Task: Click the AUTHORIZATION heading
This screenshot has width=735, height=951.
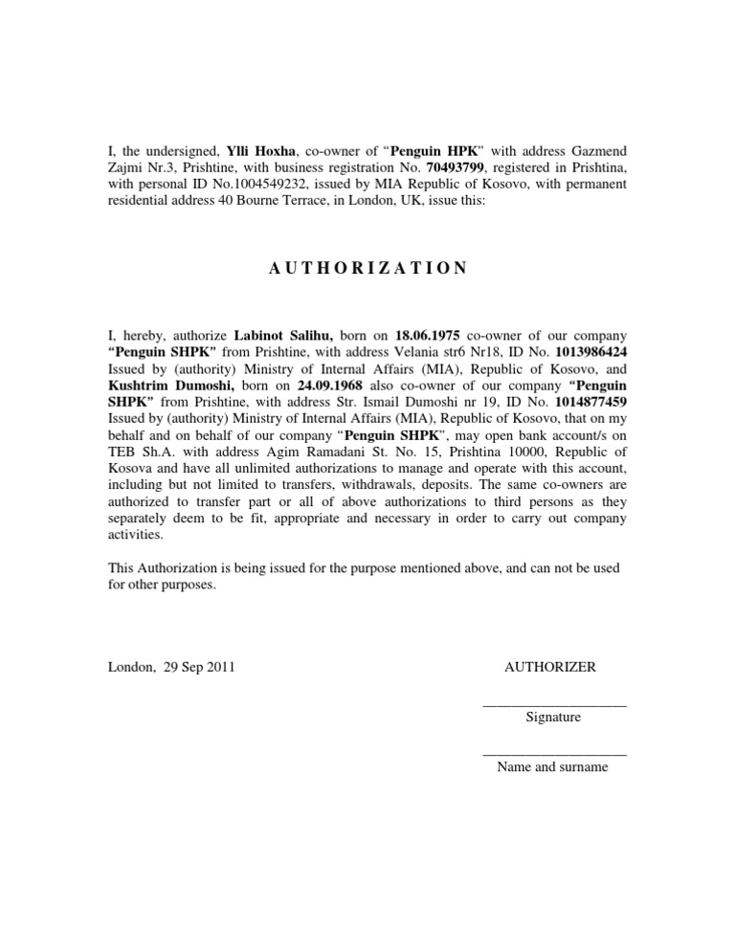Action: pyautogui.click(x=367, y=269)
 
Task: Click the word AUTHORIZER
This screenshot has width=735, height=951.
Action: pyautogui.click(x=550, y=667)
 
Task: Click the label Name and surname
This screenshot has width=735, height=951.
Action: pyautogui.click(x=553, y=766)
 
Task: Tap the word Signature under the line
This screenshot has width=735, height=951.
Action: pyautogui.click(x=553, y=717)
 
